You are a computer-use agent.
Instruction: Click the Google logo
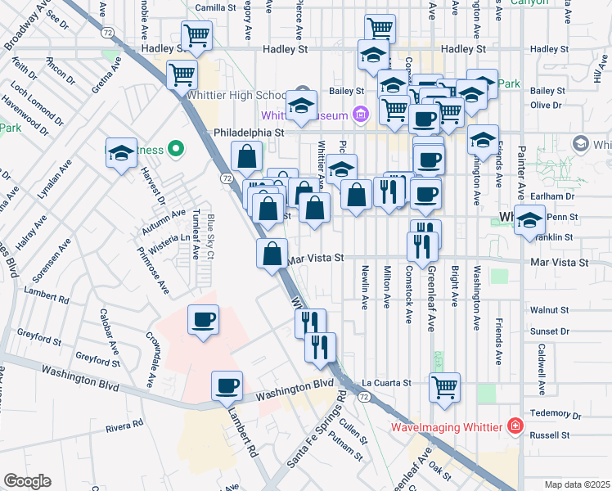27,481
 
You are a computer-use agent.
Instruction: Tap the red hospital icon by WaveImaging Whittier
515,426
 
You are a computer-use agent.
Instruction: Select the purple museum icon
359,114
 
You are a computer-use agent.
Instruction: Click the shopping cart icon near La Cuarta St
444,387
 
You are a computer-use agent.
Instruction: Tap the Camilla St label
215,7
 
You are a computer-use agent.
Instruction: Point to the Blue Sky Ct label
210,238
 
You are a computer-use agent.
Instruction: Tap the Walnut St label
549,311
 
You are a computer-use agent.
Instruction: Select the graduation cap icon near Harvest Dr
120,153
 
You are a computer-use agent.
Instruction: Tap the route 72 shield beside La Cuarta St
363,396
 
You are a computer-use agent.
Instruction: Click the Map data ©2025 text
577,484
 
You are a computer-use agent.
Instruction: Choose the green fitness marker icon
174,149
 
